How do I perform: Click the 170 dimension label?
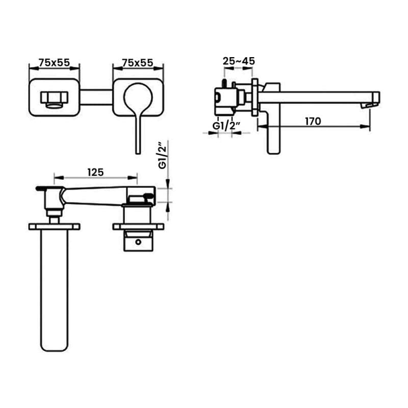tap(313, 121)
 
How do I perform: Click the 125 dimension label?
tap(95, 172)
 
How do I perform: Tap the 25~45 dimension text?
tap(239, 61)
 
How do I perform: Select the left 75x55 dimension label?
tap(54, 62)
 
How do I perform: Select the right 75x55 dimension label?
tap(138, 62)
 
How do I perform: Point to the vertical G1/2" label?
tap(162, 156)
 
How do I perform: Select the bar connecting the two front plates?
tap(96, 97)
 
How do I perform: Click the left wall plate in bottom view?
tap(54, 226)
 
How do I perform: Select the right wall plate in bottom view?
tap(138, 226)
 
